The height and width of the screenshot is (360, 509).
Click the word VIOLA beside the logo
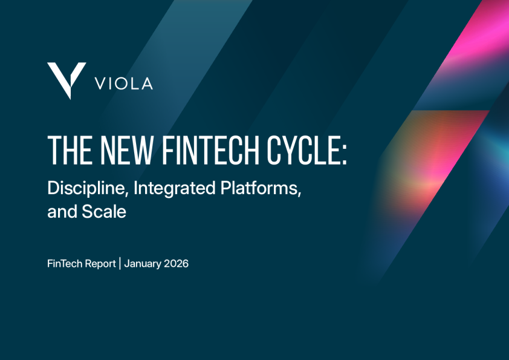coord(124,84)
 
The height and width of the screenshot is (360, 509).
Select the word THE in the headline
coord(70,150)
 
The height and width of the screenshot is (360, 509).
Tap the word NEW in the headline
coord(126,150)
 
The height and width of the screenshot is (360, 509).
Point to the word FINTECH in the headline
coord(210,150)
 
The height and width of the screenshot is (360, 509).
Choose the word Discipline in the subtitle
coord(86,188)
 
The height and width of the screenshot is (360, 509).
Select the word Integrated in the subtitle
coord(174,188)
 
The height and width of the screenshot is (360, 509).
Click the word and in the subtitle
coord(62,212)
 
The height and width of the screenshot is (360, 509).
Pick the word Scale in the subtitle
coord(104,212)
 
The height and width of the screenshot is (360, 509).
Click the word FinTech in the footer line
coord(65,264)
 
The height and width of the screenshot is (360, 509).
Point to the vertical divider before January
coord(120,263)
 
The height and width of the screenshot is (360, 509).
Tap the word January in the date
coord(143,264)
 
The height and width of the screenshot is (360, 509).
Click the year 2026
coord(177,264)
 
